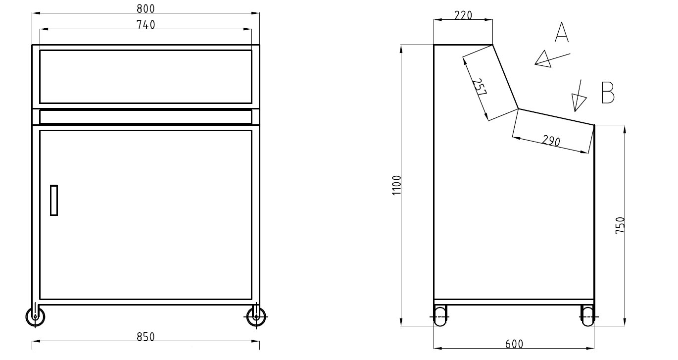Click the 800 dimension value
pos(145,8)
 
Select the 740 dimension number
pos(145,24)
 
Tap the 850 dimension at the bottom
pos(145,337)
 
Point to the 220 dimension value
pos(463,15)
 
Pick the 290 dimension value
pos(551,141)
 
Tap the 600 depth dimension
pos(514,344)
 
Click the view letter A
pos(562,32)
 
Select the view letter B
pos(608,93)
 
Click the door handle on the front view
pos(54,200)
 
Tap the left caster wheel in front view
pos(35,316)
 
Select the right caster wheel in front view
pos(256,316)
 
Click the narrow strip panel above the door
pos(145,117)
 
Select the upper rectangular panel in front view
pos(145,76)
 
